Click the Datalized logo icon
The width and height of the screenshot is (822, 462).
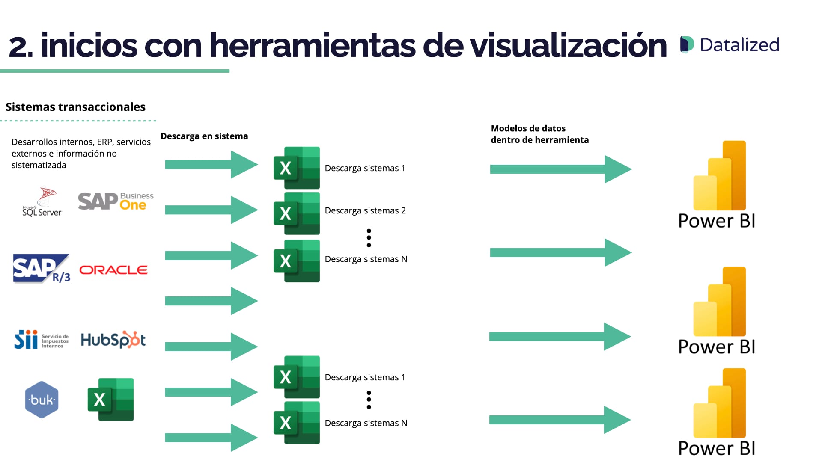tap(687, 45)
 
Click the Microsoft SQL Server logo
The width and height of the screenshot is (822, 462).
tap(42, 202)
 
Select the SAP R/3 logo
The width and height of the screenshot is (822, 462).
tap(41, 269)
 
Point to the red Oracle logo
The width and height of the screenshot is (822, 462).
tap(113, 270)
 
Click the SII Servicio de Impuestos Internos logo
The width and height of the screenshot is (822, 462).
tap(41, 340)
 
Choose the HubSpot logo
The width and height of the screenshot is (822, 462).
tap(113, 340)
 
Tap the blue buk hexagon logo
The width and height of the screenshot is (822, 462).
tap(42, 400)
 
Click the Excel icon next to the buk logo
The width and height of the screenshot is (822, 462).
tap(110, 400)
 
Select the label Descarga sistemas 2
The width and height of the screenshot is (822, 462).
tap(365, 210)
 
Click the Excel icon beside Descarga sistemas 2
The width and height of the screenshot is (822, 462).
tap(296, 213)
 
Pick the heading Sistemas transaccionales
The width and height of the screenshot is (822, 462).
tap(75, 107)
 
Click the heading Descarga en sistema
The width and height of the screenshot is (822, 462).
tap(204, 136)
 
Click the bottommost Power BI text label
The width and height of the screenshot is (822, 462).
tap(717, 448)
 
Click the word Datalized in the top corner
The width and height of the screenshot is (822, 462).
tap(739, 45)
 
